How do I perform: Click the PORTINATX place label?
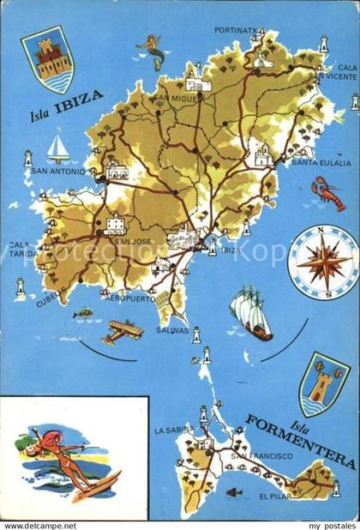pyautogui.click(x=237, y=31)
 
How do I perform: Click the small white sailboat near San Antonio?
pyautogui.click(x=57, y=147)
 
